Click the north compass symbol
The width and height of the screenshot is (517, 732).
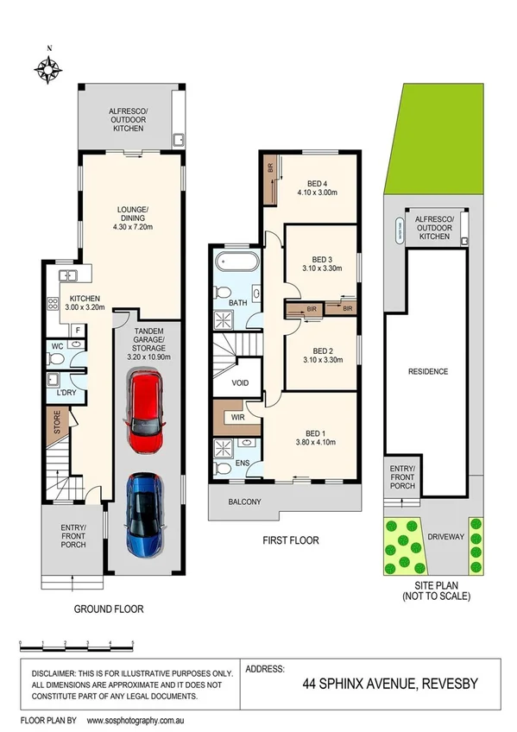coord(49,68)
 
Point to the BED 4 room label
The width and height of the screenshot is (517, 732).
coord(318,183)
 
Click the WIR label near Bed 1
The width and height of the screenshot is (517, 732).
coord(237,418)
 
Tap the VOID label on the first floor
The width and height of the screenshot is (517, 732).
coord(241,383)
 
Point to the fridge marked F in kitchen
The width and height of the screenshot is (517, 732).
coord(77,329)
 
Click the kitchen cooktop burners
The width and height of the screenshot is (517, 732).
coord(53,304)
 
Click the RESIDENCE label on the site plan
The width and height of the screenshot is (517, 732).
coord(428,372)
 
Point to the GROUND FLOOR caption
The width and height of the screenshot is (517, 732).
coord(109,609)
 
